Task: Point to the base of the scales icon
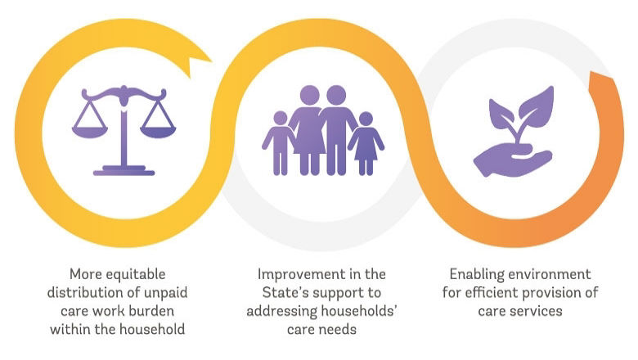pyautogui.click(x=124, y=172)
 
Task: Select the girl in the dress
pyautogui.click(x=366, y=144)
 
